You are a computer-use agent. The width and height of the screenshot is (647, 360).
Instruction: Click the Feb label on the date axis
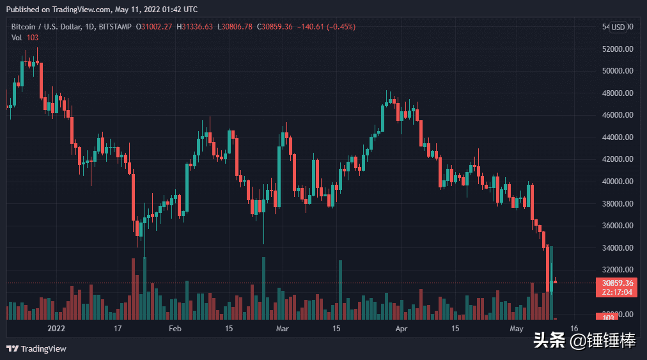pos(175,329)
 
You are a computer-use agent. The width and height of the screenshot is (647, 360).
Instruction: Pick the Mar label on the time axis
pos(283,329)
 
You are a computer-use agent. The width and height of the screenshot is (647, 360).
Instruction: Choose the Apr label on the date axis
pos(401,329)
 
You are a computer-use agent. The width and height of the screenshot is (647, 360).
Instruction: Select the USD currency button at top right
pos(618,27)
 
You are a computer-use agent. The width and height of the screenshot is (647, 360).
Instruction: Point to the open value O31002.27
pos(155,26)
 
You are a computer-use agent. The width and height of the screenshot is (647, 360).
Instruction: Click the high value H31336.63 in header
pos(196,26)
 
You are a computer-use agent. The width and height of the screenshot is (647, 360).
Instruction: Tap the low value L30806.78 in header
pos(238,26)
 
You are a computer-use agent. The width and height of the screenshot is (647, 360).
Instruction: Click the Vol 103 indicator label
pos(25,37)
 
